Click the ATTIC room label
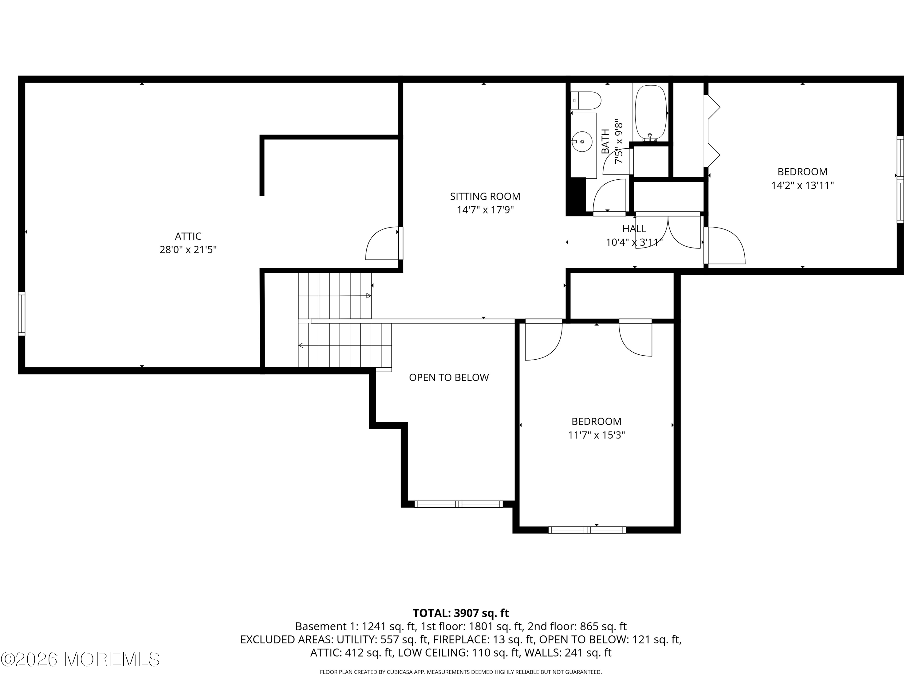[x=188, y=236]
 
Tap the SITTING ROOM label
[x=485, y=196]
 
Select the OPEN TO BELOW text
[x=449, y=377]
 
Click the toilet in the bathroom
[x=586, y=100]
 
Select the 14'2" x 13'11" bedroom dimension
[x=802, y=185]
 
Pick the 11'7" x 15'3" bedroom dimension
[x=597, y=435]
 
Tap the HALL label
[x=634, y=229]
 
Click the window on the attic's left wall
[x=22, y=314]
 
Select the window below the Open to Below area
[x=459, y=504]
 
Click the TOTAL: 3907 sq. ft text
[x=461, y=613]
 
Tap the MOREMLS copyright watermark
[x=81, y=659]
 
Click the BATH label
[x=605, y=142]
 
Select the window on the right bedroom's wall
[x=900, y=180]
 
